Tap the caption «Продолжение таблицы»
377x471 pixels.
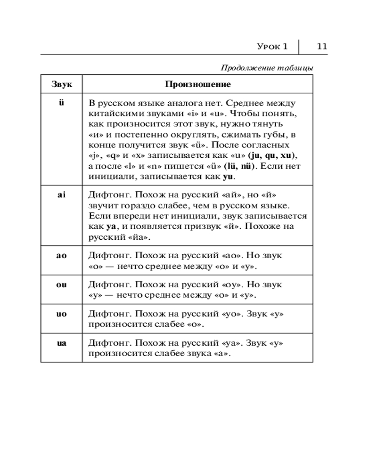tap(267, 68)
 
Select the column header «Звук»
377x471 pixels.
tap(61, 85)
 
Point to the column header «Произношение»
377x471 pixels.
tap(198, 85)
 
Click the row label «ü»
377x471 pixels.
tap(61, 103)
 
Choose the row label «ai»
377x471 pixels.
tap(61, 195)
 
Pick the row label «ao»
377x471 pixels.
tap(61, 255)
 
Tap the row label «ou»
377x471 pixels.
tap(61, 285)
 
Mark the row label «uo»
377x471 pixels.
tap(61, 314)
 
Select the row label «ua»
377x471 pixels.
tap(61, 343)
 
